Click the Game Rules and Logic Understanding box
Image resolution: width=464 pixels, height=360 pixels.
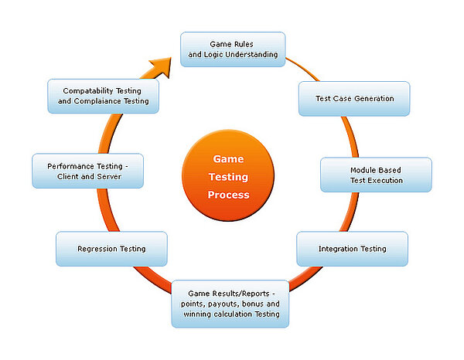233,49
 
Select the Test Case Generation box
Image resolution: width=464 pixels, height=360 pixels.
354,99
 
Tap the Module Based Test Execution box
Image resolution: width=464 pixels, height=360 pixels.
376,175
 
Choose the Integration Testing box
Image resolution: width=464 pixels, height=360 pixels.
352,249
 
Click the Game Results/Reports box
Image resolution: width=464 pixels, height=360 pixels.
230,304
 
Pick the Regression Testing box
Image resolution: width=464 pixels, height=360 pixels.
111,249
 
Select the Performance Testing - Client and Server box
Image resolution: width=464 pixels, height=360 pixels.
87,171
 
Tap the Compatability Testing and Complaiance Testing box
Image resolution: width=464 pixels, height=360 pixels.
98,95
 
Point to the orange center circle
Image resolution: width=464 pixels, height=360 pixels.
228,176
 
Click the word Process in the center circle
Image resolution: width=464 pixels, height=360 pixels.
228,195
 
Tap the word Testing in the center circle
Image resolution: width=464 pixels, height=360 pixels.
228,177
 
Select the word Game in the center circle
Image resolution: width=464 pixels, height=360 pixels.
228,159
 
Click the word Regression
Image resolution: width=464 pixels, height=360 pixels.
97,249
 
